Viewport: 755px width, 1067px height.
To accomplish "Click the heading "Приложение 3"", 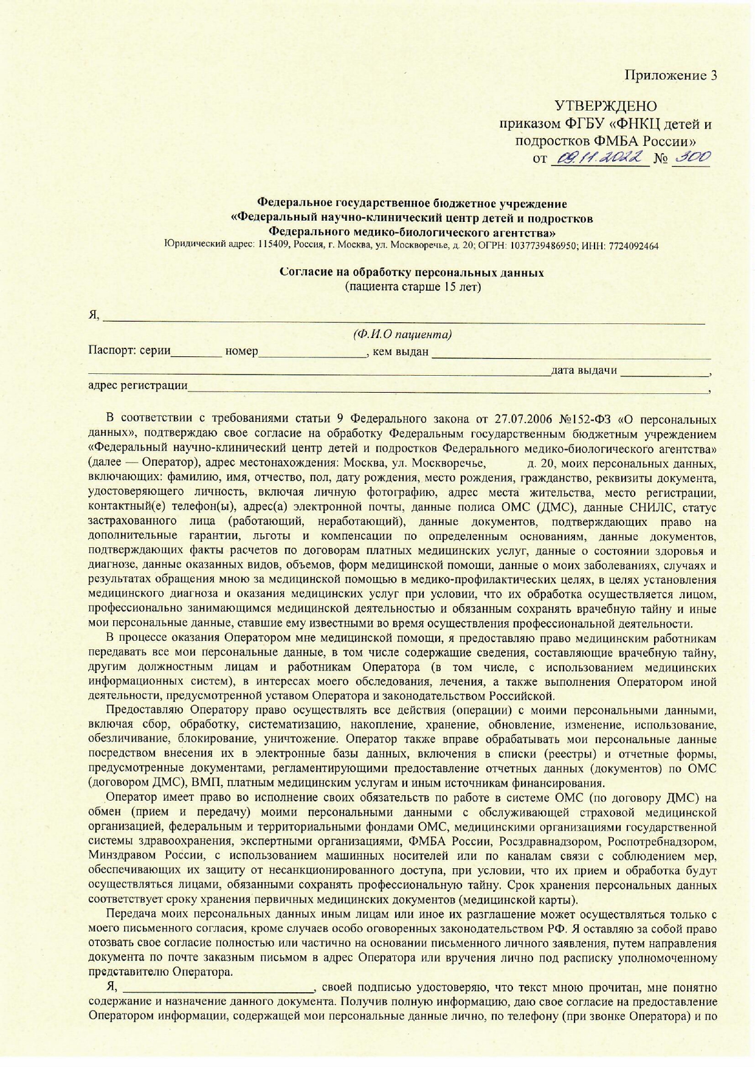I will click(x=671, y=75).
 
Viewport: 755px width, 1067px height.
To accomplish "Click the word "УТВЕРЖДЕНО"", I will click(x=605, y=106).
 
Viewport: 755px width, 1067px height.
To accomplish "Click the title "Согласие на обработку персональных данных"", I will click(x=412, y=272).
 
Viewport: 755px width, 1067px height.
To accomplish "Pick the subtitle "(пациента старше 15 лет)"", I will click(x=413, y=286).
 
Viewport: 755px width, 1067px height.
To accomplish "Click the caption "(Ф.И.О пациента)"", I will click(x=402, y=334).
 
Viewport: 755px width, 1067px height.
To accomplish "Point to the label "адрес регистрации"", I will click(x=138, y=385).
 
